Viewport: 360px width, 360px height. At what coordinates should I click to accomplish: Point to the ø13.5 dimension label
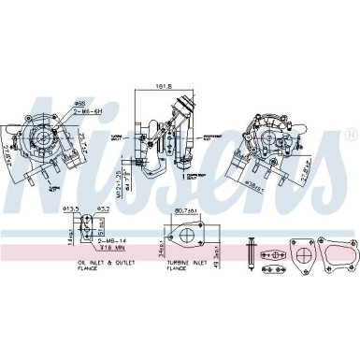click(69, 209)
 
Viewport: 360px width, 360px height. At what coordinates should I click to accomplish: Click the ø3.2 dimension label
click(104, 209)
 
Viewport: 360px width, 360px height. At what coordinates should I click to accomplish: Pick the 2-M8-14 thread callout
click(110, 241)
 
